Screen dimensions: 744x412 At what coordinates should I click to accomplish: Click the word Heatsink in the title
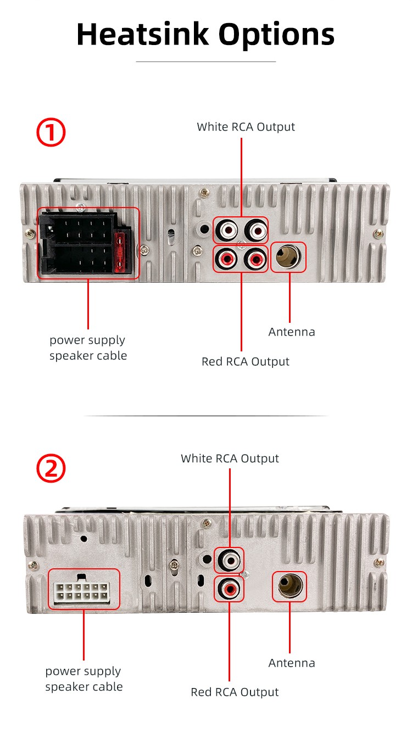tap(143, 34)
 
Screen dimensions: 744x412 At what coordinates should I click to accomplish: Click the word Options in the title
tap(276, 35)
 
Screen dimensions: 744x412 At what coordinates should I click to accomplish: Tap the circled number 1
tap(51, 133)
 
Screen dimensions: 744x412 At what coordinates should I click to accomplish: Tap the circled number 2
tap(51, 468)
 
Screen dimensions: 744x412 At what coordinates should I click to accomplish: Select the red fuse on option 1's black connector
tap(121, 252)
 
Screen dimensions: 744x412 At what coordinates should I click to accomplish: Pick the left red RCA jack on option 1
tap(226, 258)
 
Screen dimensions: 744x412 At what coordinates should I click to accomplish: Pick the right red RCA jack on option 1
tap(255, 258)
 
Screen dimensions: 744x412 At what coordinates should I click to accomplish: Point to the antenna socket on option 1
tap(288, 257)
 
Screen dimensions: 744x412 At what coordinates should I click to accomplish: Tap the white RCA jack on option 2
tap(229, 561)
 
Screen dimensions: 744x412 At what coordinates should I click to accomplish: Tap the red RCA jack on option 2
tap(229, 589)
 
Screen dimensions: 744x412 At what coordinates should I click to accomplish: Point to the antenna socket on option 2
tap(289, 586)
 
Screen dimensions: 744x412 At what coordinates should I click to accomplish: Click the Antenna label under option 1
tap(292, 332)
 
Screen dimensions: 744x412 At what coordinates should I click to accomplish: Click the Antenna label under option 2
tap(292, 663)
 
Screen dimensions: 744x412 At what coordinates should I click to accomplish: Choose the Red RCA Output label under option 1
tap(245, 361)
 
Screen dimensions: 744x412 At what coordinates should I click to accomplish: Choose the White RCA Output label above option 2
tap(230, 458)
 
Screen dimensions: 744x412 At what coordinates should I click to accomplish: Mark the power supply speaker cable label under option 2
tap(83, 679)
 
